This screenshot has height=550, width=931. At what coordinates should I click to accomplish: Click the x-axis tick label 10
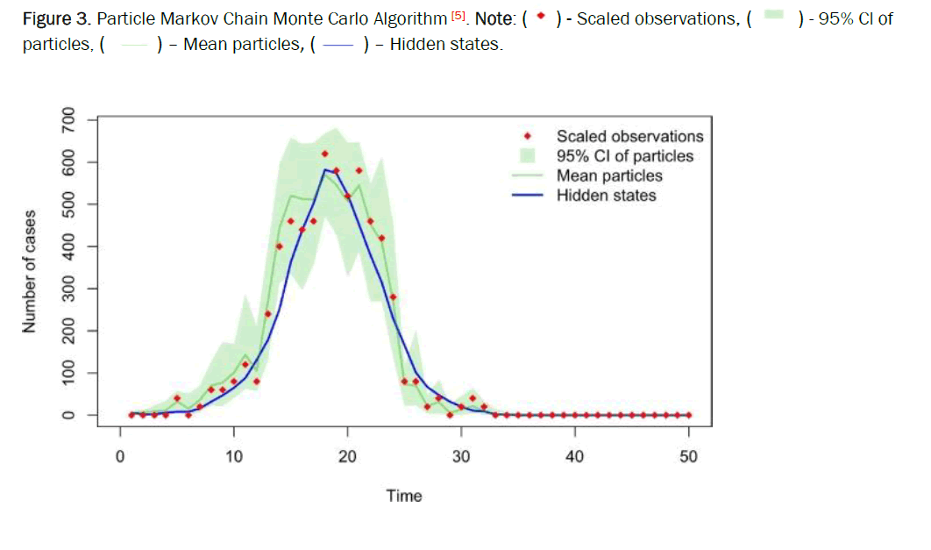(233, 456)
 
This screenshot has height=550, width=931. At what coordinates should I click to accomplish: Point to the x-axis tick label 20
(347, 456)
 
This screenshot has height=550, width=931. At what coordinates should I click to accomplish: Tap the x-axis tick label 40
(574, 456)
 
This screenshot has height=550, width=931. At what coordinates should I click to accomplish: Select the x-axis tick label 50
(688, 456)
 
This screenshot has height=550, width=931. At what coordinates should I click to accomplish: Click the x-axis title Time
(404, 496)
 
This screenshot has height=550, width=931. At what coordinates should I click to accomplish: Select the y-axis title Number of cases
(30, 272)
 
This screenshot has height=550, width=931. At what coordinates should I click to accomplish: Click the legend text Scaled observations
(629, 136)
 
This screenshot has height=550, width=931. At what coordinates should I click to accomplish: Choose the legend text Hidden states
(606, 196)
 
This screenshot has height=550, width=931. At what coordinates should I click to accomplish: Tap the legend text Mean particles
(609, 175)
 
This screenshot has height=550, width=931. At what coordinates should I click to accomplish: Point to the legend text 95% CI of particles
(625, 156)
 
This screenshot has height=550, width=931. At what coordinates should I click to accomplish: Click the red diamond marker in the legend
(528, 136)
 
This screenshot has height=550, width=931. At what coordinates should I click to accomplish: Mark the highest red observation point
(325, 154)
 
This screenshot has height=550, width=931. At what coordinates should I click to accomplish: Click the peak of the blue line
(325, 169)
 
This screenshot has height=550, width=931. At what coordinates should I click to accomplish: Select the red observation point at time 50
(689, 415)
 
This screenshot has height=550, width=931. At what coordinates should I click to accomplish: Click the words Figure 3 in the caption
(50, 18)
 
